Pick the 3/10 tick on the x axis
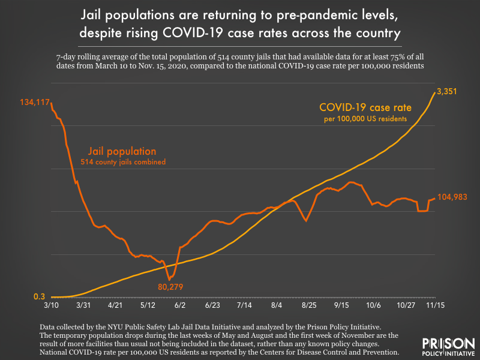coord(50,305)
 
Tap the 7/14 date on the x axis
coord(244,305)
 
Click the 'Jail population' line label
coord(123,151)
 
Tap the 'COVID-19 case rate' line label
coord(365,108)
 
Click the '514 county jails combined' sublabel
coord(123,162)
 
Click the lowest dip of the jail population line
coord(170,279)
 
